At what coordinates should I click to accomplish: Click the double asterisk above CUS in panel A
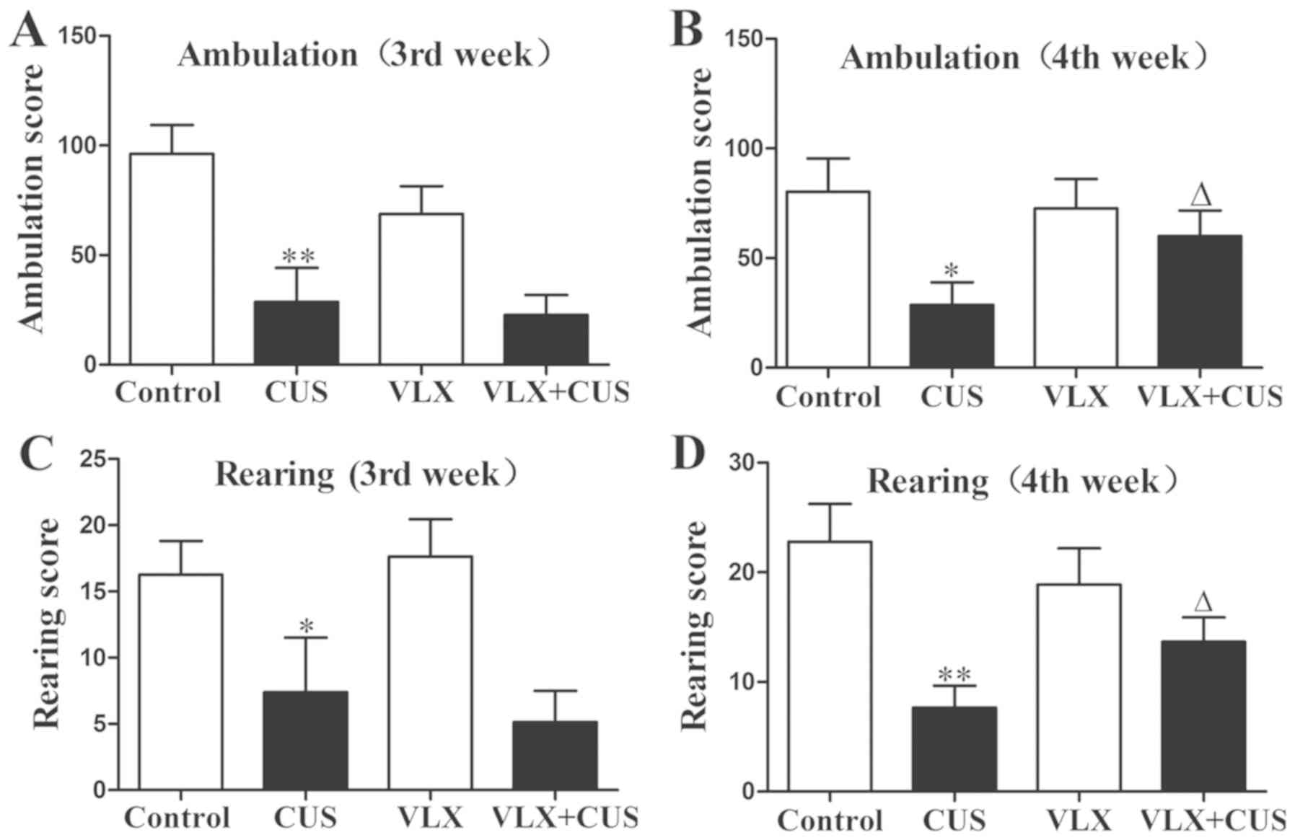click(298, 256)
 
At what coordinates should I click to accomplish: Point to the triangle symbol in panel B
click(1200, 195)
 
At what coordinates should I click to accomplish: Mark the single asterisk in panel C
click(306, 626)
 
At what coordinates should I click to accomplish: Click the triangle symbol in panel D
click(1203, 602)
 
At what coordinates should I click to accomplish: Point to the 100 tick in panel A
click(80, 145)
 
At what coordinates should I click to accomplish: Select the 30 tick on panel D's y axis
click(745, 462)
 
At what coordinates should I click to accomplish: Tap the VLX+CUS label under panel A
click(556, 392)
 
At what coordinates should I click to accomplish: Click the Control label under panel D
click(830, 821)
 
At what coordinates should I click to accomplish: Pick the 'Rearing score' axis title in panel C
click(46, 623)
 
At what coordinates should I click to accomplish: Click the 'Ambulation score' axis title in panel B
click(700, 202)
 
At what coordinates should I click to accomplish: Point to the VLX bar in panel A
click(421, 288)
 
